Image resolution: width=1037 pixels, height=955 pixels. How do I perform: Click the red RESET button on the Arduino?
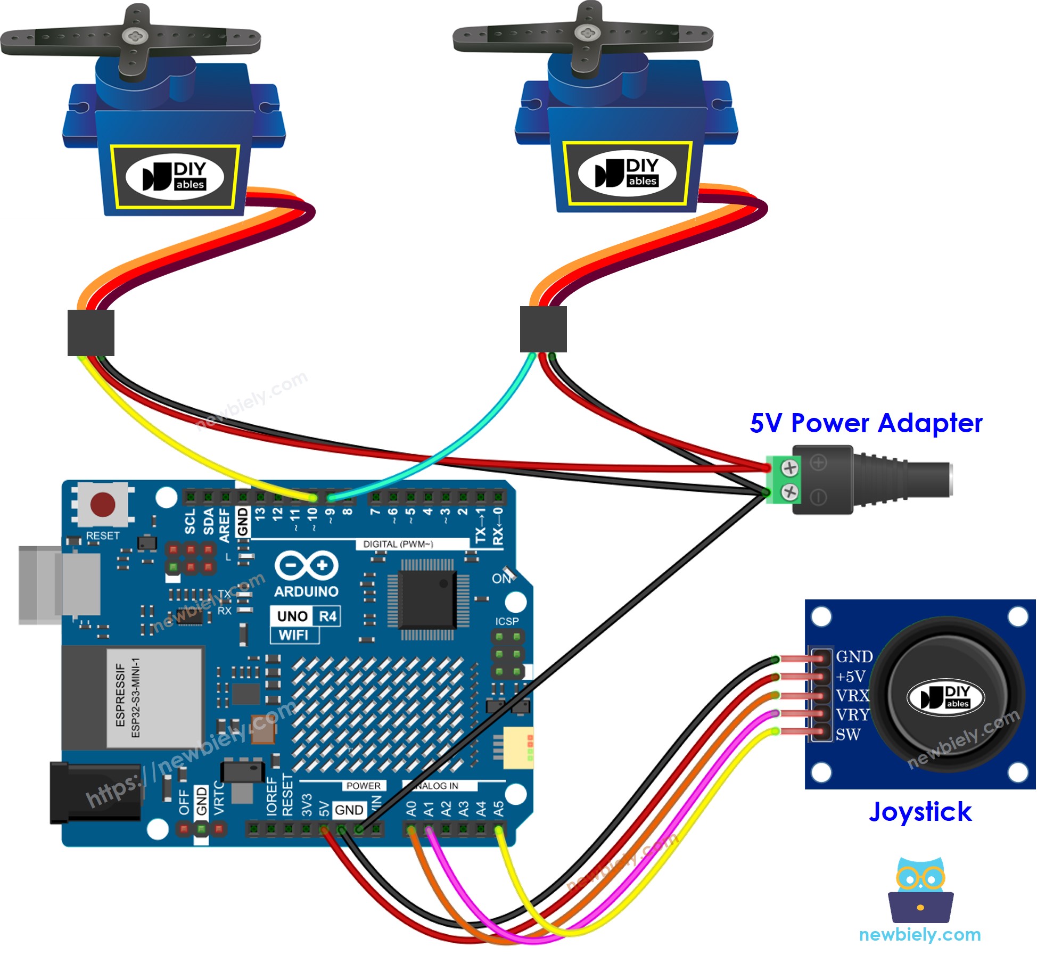coord(102,504)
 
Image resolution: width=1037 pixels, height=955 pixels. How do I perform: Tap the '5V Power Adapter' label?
coord(866,424)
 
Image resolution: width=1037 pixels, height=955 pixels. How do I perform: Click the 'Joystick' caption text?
coord(920,812)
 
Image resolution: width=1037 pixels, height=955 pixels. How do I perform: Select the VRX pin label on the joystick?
coord(852,696)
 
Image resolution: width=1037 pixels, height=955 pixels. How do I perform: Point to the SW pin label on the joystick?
coord(847,735)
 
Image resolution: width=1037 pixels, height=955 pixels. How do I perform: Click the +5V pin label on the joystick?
coord(851,677)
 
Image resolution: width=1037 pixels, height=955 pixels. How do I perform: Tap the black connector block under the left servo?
coord(91,333)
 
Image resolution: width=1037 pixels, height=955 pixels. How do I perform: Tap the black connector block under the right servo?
coord(543,329)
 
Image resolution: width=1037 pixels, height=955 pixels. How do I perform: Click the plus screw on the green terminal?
coord(789,468)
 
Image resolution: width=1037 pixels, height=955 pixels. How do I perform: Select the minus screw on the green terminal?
coord(789,492)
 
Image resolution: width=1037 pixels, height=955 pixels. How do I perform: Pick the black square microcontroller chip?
coord(427,599)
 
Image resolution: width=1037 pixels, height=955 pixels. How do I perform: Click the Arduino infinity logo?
coord(306,565)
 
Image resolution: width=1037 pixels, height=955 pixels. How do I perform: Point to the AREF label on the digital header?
coord(225,525)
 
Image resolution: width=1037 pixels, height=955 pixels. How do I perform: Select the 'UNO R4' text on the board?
coord(306,616)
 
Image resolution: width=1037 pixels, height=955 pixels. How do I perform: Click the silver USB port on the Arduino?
coord(59,584)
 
